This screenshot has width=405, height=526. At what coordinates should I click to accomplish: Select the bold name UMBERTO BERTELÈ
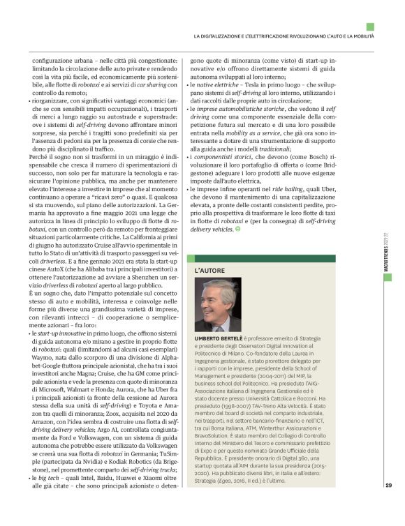pos(218,337)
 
